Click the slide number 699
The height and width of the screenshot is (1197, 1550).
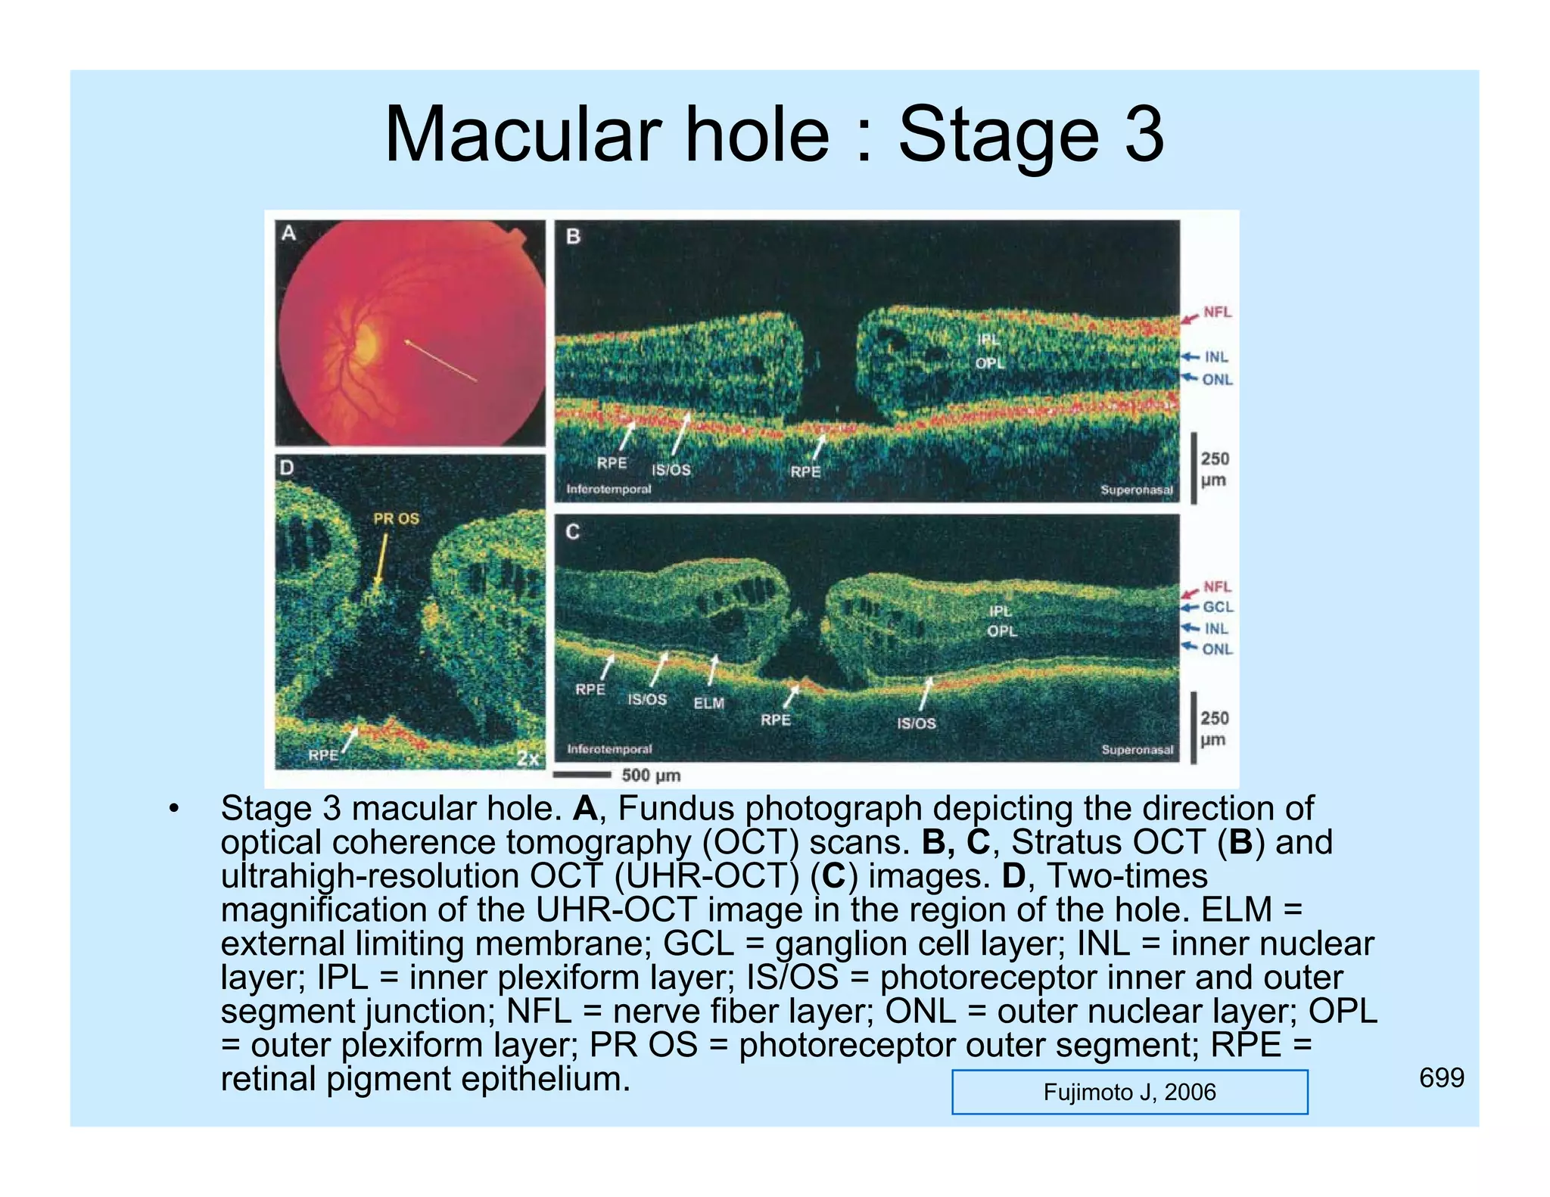click(x=1441, y=1077)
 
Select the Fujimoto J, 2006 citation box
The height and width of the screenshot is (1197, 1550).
click(x=1129, y=1092)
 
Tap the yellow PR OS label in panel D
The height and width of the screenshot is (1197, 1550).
click(x=396, y=518)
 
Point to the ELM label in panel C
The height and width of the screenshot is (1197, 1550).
click(x=708, y=703)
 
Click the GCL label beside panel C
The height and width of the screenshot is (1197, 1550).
click(x=1218, y=607)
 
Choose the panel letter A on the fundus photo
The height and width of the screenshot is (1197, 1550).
click(x=288, y=233)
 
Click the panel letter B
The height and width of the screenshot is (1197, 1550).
click(x=573, y=237)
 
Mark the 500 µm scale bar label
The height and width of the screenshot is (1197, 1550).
click(x=651, y=775)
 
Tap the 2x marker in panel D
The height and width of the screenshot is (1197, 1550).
click(x=528, y=757)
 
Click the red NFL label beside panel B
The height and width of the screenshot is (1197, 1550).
click(x=1217, y=312)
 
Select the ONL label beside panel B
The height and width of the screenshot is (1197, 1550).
click(x=1217, y=379)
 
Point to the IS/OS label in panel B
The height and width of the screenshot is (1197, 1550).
click(x=671, y=470)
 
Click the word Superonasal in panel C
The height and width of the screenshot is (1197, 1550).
click(x=1137, y=749)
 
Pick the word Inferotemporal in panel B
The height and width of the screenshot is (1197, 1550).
click(x=608, y=489)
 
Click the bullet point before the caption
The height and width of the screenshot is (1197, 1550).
click(x=174, y=809)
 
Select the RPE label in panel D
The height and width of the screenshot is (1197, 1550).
click(x=323, y=754)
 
